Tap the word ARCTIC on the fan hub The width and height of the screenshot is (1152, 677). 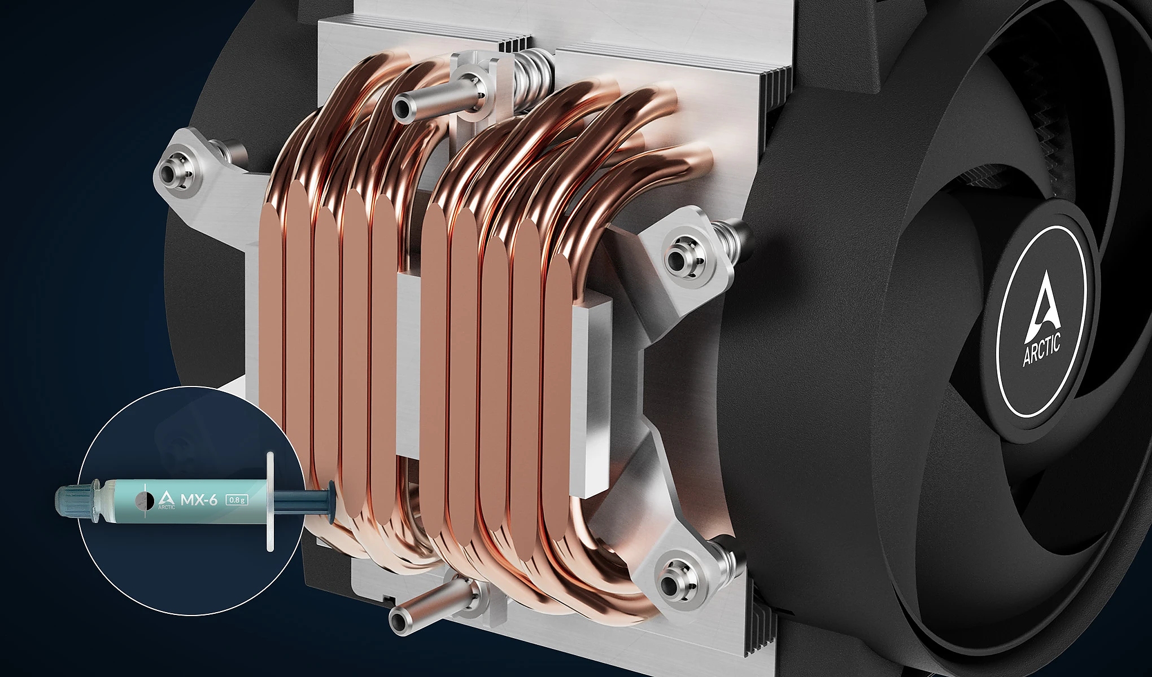1042,350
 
